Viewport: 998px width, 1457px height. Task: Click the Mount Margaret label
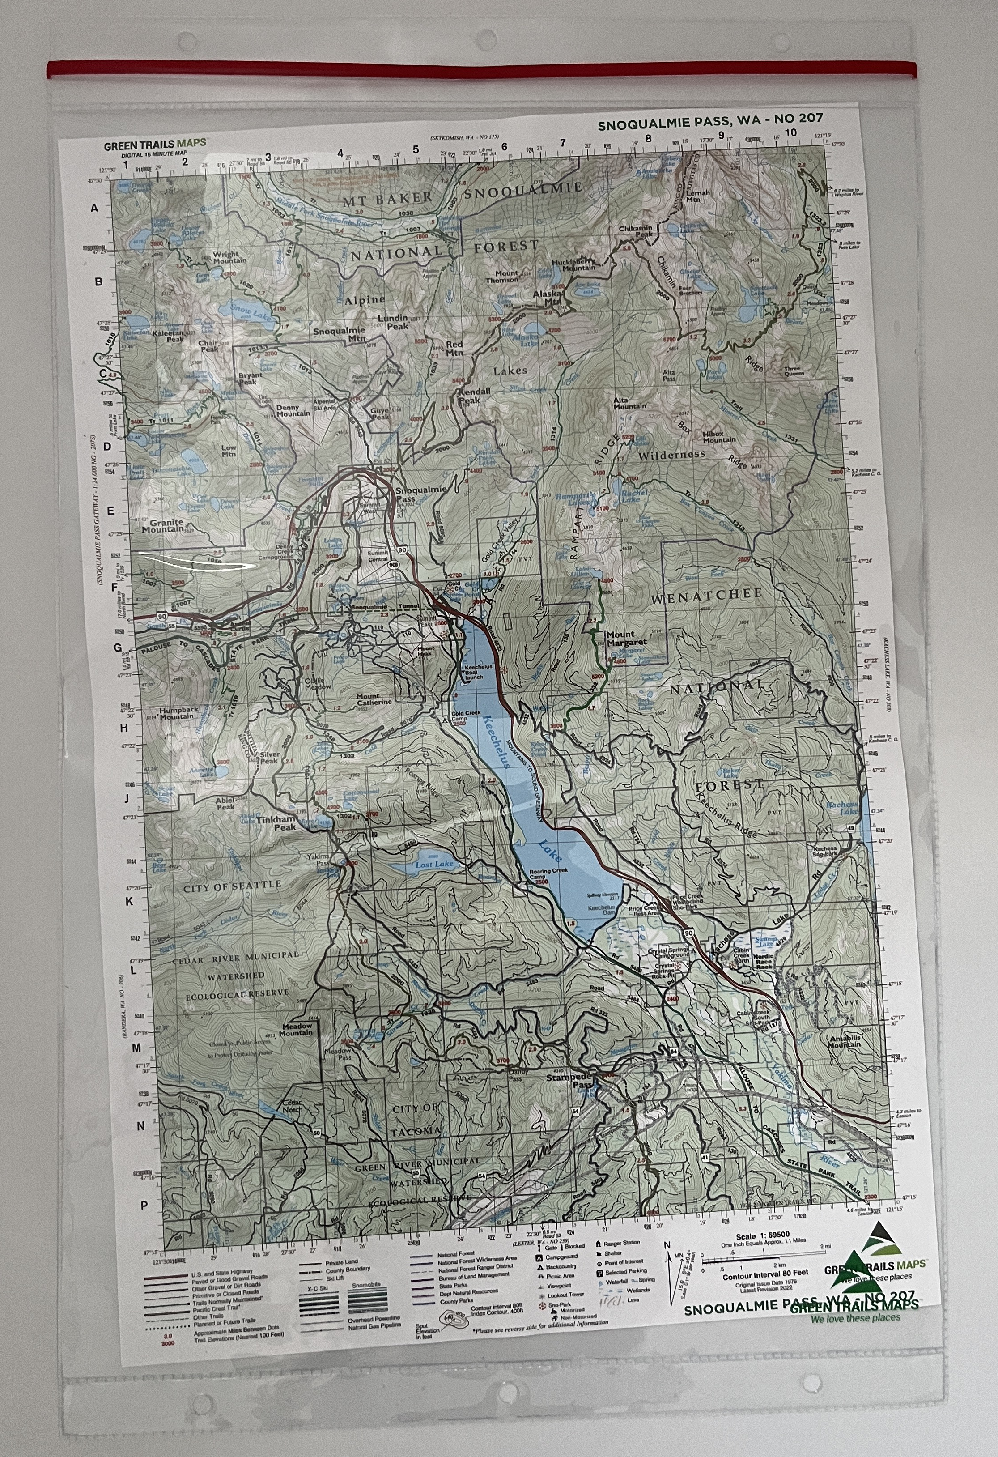[x=626, y=638]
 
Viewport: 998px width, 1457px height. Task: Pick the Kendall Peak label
[x=475, y=395]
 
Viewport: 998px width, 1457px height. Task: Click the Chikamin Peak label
[x=636, y=231]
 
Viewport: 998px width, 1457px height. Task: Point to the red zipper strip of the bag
[x=481, y=68]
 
